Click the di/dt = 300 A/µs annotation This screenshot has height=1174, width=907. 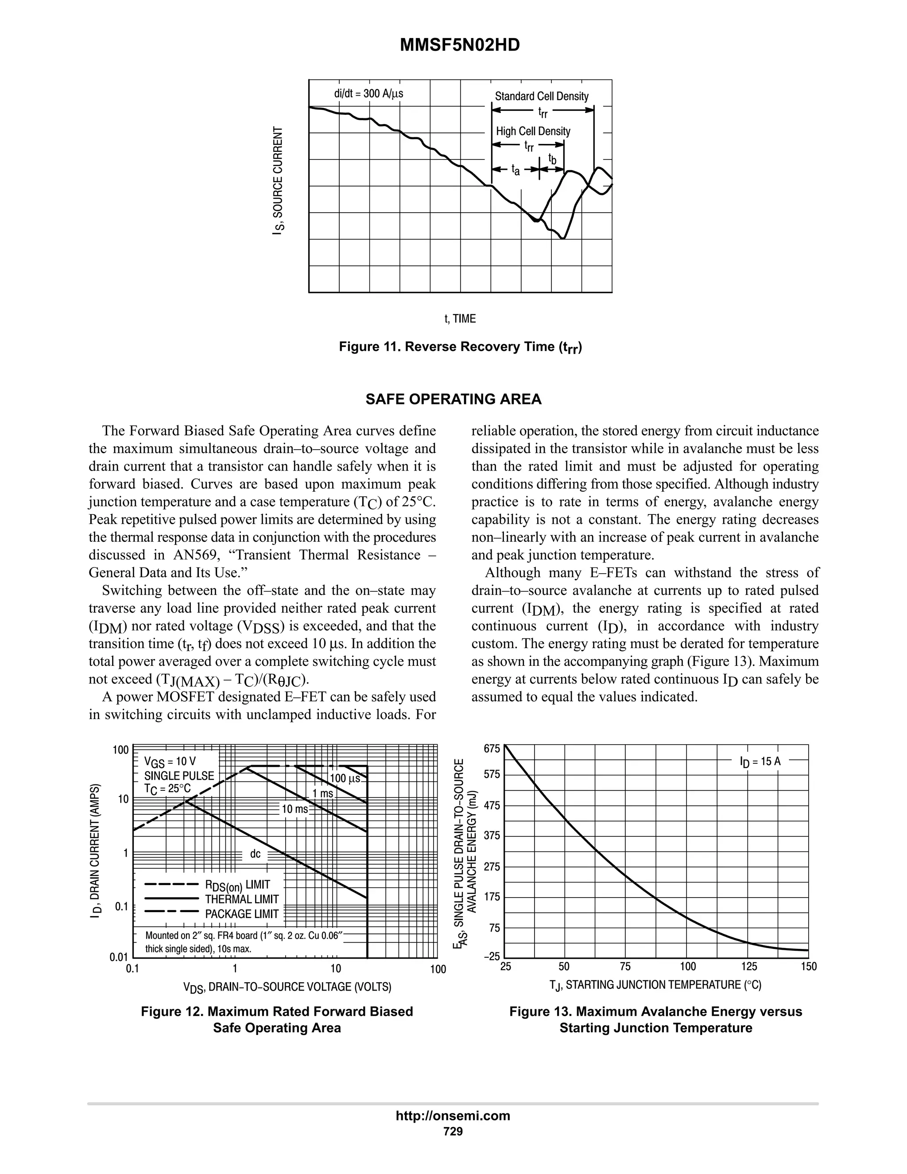(x=368, y=93)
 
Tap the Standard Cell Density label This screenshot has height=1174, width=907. (x=541, y=96)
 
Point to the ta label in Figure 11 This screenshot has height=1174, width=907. (x=516, y=171)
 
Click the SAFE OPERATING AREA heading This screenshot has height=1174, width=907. (x=453, y=399)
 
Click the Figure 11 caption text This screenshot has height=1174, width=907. (x=461, y=347)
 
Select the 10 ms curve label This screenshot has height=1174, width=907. (x=295, y=809)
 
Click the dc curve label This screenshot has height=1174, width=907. (x=255, y=854)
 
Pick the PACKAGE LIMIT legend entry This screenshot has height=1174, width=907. (x=242, y=914)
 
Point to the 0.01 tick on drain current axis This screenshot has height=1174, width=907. (x=119, y=957)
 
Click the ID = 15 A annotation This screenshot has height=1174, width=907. (x=760, y=761)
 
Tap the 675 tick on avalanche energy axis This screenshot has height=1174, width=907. (x=492, y=749)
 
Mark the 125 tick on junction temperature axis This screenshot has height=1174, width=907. (x=748, y=967)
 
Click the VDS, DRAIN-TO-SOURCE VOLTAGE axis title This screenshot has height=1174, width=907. (x=287, y=987)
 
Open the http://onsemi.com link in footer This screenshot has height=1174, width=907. (x=453, y=1116)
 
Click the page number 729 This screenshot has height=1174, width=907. (x=453, y=1131)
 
